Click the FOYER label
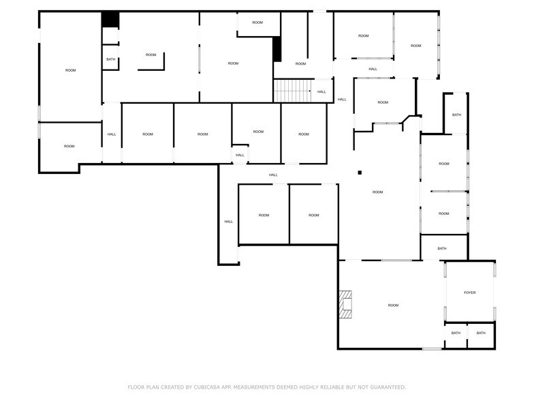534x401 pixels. click(470, 293)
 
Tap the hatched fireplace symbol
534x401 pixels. click(345, 304)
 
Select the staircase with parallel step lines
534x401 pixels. click(293, 91)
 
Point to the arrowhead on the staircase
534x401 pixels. click(310, 91)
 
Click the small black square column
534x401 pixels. click(360, 173)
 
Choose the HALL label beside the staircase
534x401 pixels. click(321, 91)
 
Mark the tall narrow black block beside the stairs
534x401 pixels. click(277, 49)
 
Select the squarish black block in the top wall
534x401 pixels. click(110, 19)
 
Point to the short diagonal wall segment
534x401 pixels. click(406, 119)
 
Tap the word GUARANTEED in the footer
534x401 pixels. click(388, 387)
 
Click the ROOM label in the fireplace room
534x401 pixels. click(393, 306)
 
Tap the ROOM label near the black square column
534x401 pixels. click(377, 192)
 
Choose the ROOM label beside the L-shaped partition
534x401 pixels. click(151, 55)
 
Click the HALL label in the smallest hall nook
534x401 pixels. click(240, 155)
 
